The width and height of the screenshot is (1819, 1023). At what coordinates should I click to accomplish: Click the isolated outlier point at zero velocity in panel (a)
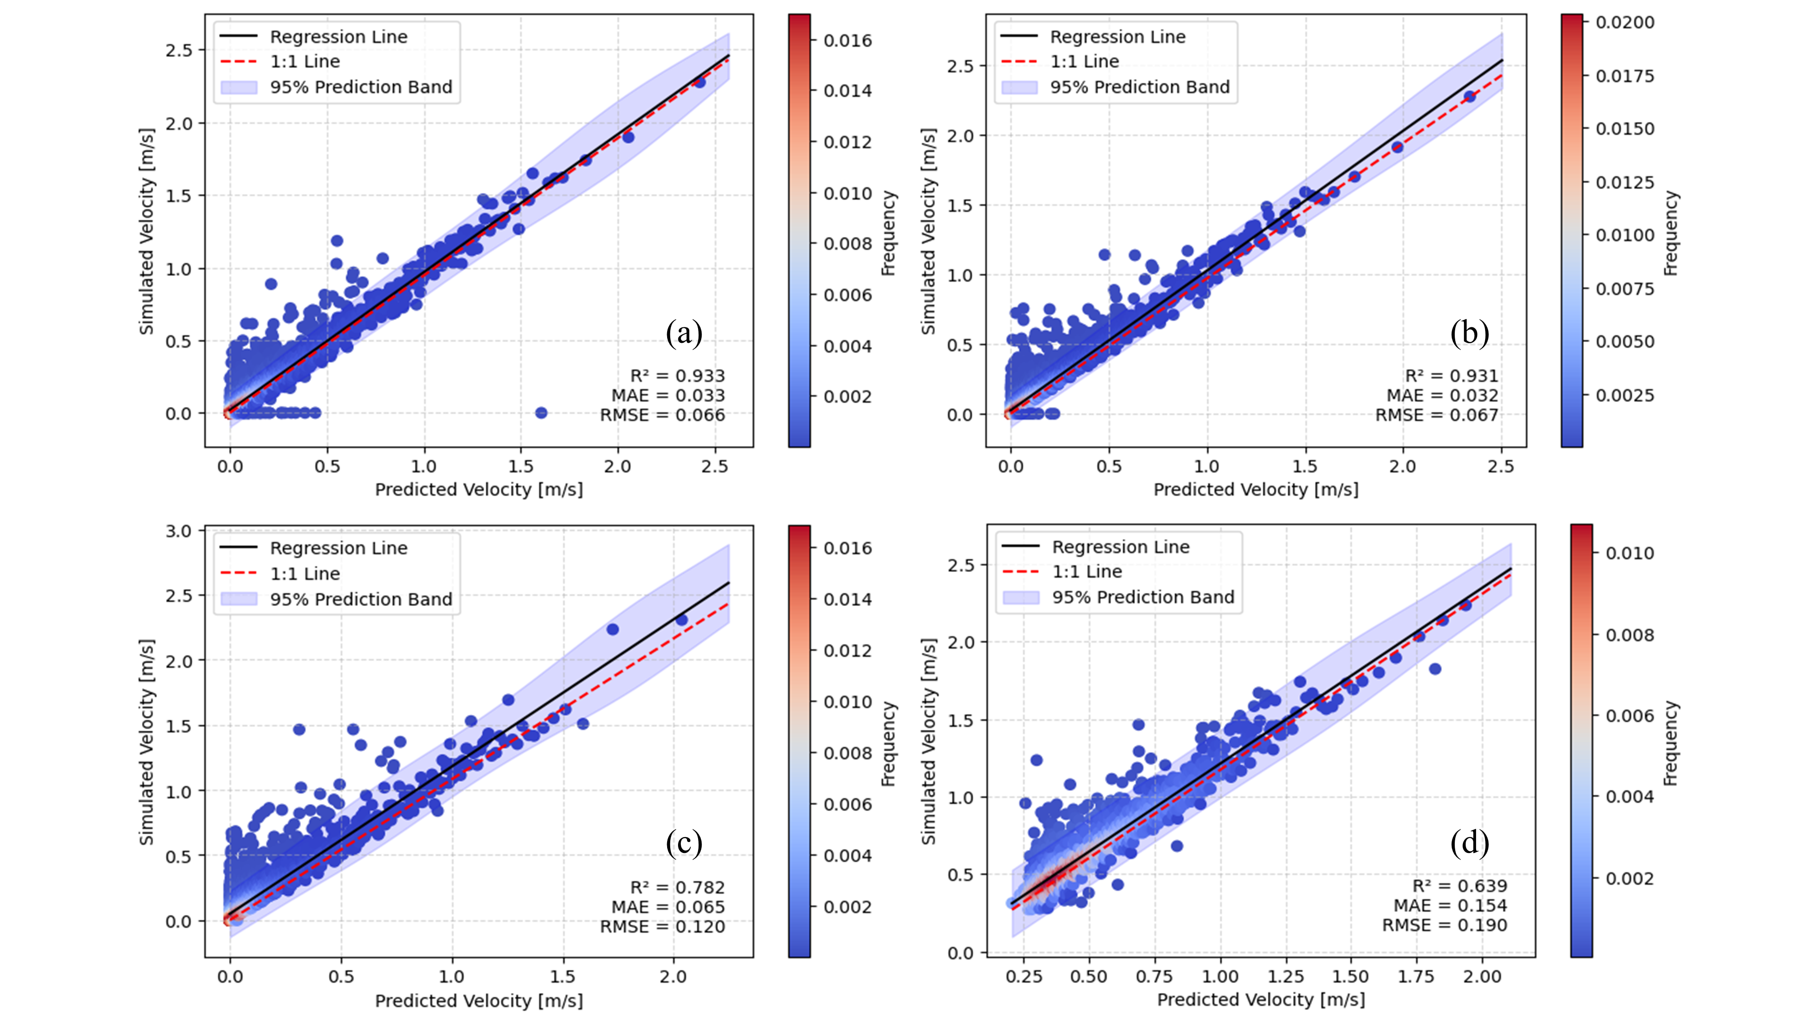point(541,412)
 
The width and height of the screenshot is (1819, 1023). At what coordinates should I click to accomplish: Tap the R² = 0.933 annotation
point(677,376)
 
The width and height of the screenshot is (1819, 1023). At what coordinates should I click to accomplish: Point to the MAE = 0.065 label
point(668,907)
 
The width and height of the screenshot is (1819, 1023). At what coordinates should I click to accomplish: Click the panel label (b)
point(1469,332)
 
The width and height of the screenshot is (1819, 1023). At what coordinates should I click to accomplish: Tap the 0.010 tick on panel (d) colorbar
point(1629,553)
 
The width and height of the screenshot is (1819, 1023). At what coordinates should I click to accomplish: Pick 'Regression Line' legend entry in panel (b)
point(1117,37)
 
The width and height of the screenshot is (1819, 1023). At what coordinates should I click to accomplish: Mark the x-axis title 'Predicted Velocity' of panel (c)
point(479,1000)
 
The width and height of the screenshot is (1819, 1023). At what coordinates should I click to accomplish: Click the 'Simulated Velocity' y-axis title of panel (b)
point(928,231)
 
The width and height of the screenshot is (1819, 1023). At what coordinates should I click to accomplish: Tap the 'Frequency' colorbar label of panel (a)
point(888,233)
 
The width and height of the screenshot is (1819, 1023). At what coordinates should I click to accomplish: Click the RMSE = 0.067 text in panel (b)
point(1436,415)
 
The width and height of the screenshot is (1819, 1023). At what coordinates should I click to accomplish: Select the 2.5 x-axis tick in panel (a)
point(714,466)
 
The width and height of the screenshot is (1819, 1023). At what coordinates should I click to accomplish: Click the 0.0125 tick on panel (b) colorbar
point(1624,182)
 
